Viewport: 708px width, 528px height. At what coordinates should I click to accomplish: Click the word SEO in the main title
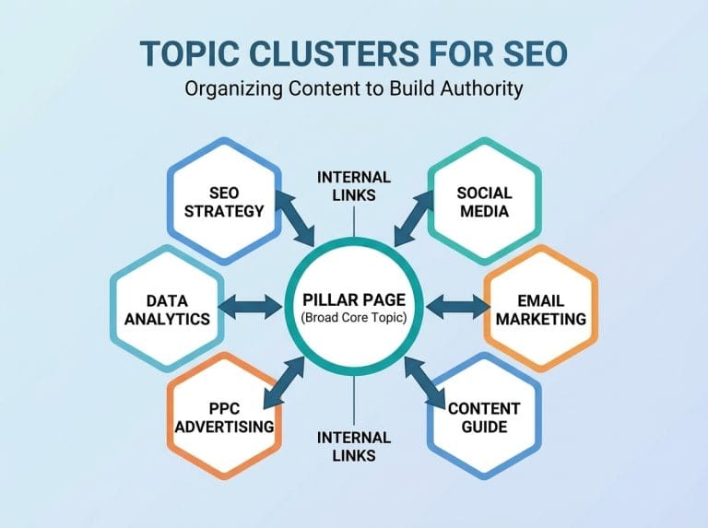(535, 53)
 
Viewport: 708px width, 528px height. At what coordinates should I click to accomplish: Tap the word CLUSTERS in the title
(334, 53)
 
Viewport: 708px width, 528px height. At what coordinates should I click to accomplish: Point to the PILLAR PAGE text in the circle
(354, 300)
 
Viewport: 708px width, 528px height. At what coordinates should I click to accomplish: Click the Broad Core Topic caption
(354, 318)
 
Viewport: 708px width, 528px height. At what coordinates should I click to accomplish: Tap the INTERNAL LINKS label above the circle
(354, 186)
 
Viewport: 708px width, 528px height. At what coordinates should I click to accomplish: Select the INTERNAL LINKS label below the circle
(354, 446)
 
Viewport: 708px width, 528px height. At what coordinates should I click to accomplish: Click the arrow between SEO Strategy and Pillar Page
(295, 218)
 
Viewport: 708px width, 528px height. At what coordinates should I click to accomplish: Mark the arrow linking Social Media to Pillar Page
(414, 218)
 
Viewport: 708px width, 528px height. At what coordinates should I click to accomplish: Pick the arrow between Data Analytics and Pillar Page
(251, 308)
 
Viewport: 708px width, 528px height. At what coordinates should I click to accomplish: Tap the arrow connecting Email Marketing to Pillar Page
(457, 308)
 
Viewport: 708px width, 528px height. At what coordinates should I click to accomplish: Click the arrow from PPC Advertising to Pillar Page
(285, 381)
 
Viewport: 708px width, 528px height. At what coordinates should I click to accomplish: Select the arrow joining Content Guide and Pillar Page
(425, 381)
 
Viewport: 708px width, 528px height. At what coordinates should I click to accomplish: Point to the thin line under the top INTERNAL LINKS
(354, 221)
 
